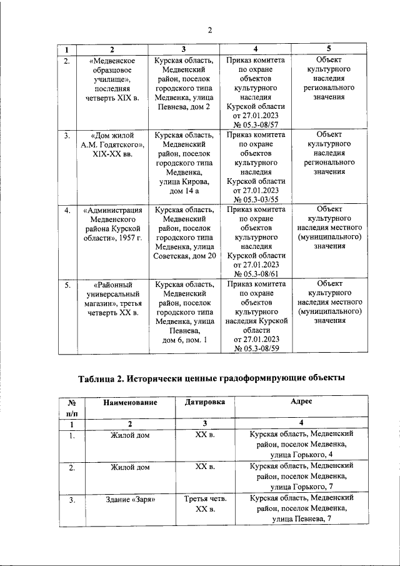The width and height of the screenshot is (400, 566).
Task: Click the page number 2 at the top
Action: coord(210,30)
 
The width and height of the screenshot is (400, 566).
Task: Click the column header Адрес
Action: coord(301,403)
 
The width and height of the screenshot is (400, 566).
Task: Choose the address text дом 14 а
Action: coord(184,191)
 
